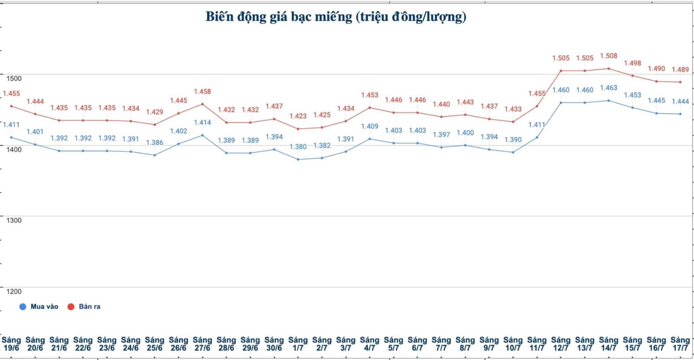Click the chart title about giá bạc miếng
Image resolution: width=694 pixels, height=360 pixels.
336,17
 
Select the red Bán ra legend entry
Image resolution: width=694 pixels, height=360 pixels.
84,307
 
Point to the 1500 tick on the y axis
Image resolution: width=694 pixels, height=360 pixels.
14,79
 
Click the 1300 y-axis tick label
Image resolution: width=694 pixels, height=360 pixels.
14,220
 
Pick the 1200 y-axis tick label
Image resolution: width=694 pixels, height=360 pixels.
14,291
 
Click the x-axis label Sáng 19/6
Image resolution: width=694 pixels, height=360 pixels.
11,344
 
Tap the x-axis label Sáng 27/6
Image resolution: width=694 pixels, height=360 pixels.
202,344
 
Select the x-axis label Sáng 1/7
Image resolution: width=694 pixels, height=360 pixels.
298,344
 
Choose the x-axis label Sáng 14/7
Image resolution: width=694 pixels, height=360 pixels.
608,344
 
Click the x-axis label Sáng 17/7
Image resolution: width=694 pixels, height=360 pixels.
680,344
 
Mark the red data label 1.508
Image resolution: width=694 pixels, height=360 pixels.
609,56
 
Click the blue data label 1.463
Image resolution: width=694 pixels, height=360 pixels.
609,88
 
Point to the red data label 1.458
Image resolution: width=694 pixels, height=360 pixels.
202,92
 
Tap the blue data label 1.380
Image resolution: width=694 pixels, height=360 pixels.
298,147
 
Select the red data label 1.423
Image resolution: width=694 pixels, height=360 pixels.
298,116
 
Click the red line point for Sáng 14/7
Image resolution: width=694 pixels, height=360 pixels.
609,69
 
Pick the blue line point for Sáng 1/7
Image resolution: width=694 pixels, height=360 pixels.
298,159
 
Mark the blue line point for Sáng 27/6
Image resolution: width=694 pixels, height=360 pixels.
203,135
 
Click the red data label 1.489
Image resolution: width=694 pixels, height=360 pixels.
680,69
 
